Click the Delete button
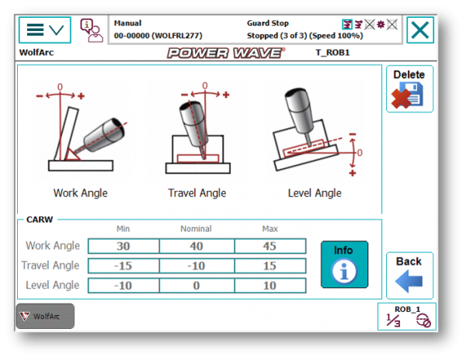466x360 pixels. tap(409, 88)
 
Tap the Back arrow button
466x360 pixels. tap(409, 275)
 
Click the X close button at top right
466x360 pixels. tap(420, 30)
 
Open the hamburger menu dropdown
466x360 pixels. tap(45, 30)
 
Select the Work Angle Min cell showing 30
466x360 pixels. tap(123, 246)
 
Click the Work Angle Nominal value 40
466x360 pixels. tap(196, 246)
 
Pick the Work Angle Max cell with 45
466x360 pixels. tap(270, 246)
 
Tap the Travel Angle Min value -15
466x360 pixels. tap(123, 265)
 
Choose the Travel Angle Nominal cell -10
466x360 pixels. tap(196, 265)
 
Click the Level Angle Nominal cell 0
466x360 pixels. tap(196, 286)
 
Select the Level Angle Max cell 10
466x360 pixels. tap(270, 286)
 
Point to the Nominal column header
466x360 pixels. tap(196, 229)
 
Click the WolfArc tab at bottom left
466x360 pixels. tap(45, 316)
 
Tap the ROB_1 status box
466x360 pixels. tap(407, 317)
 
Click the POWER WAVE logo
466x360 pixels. tap(226, 53)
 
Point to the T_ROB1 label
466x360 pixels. tap(332, 53)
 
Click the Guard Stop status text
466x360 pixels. tap(268, 23)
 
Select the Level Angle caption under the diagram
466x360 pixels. tap(315, 193)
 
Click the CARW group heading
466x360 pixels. tap(40, 220)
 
